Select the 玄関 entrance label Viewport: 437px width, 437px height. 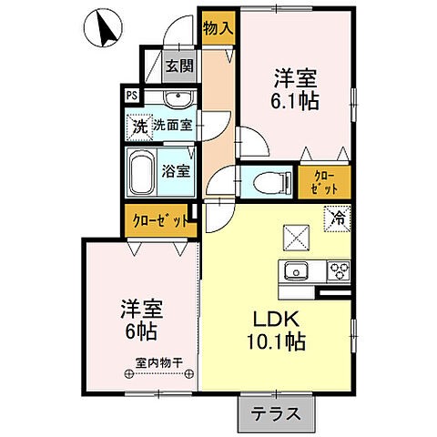[179, 65]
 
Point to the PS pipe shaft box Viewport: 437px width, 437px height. [131, 95]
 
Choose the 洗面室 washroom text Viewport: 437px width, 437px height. [172, 125]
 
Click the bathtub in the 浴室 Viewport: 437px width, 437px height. [141, 171]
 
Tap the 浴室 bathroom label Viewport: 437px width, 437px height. [177, 169]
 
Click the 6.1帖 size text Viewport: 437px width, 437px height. [298, 102]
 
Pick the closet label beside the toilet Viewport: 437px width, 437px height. [325, 182]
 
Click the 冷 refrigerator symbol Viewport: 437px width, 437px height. [337, 218]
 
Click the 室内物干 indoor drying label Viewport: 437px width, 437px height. [159, 362]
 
